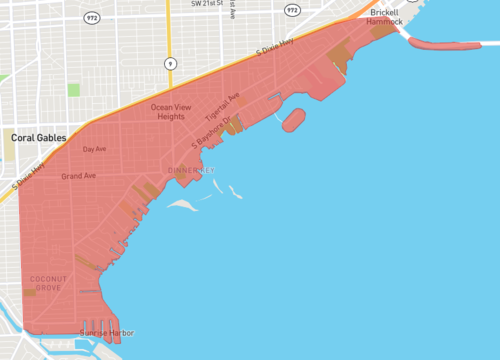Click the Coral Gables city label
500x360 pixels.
pyautogui.click(x=36, y=136)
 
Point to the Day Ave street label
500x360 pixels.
pyautogui.click(x=94, y=149)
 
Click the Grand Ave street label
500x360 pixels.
pyautogui.click(x=78, y=176)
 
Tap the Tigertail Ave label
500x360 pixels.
pyautogui.click(x=223, y=105)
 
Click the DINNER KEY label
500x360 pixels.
pyautogui.click(x=190, y=170)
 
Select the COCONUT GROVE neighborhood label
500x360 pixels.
pyautogui.click(x=46, y=283)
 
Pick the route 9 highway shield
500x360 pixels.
pyautogui.click(x=171, y=62)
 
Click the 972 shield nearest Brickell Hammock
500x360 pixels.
pyautogui.click(x=292, y=9)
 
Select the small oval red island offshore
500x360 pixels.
pyautogui.click(x=293, y=122)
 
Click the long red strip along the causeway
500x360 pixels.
pyautogui.click(x=445, y=44)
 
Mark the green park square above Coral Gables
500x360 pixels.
pyautogui.click(x=73, y=90)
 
